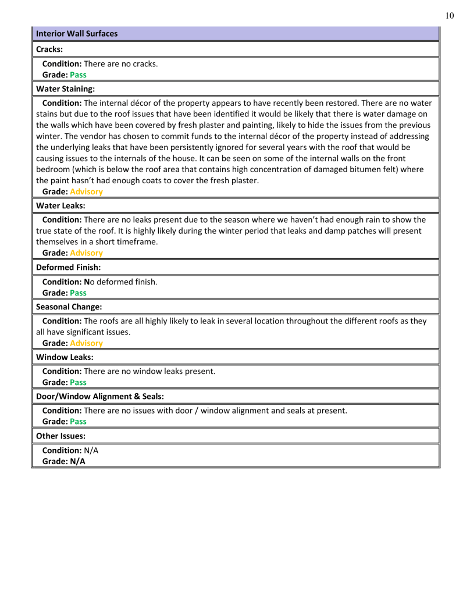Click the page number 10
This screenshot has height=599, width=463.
[449, 16]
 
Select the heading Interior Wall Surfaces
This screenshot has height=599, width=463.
[77, 34]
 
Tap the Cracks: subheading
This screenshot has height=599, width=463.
[49, 49]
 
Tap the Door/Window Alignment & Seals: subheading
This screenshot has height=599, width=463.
[99, 396]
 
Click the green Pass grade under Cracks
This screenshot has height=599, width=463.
[78, 75]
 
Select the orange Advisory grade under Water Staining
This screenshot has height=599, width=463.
[86, 191]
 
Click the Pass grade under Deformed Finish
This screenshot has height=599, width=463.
[78, 293]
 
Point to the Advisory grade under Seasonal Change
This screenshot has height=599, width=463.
[86, 343]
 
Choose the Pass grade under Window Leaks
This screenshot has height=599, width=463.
[78, 383]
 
